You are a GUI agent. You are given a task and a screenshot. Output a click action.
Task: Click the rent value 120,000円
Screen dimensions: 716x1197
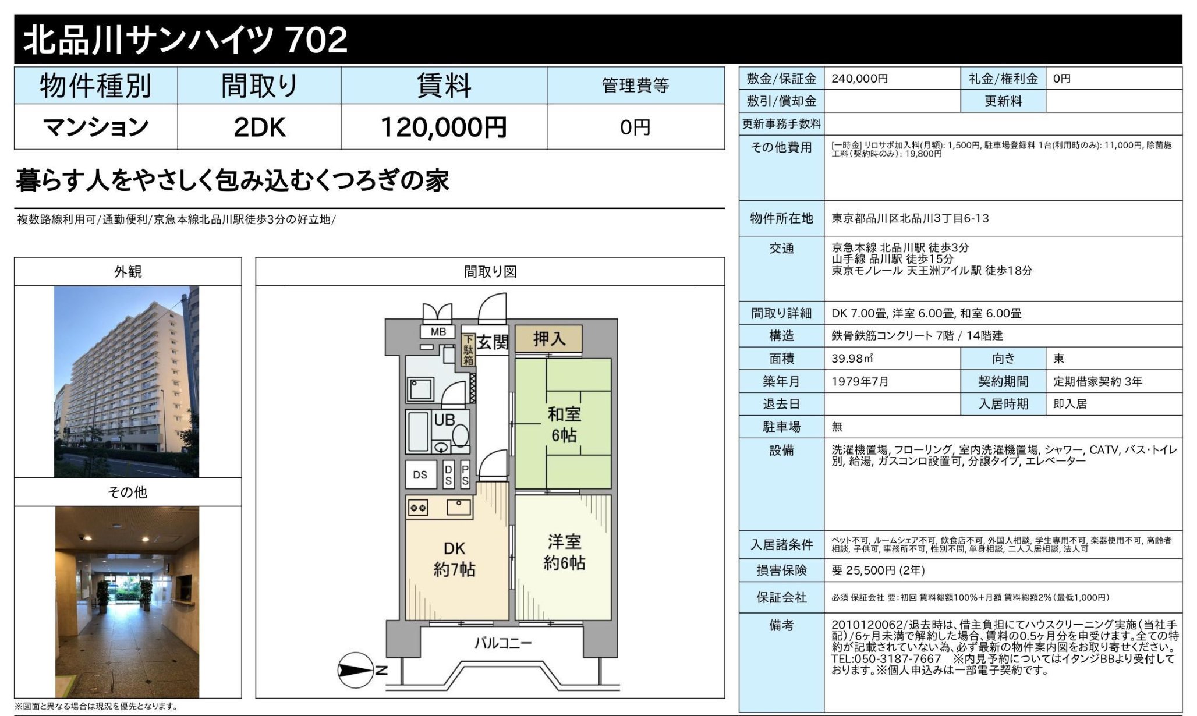pos(444,127)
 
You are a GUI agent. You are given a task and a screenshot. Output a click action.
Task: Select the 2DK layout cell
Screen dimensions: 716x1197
pos(259,127)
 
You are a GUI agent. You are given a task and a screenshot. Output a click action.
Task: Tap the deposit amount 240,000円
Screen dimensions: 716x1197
pos(859,79)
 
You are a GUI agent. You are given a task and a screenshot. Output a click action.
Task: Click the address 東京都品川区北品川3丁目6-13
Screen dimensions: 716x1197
pos(910,218)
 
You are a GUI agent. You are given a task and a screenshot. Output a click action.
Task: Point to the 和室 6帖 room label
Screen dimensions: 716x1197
pos(564,424)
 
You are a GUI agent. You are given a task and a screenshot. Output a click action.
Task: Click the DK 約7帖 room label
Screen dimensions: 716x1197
pos(454,559)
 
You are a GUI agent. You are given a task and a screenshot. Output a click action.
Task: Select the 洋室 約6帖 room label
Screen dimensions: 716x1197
pos(564,552)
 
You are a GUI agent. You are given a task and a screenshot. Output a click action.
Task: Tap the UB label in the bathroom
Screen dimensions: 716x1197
pos(444,420)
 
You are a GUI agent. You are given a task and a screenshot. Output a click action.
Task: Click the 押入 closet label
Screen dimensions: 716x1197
pos(548,338)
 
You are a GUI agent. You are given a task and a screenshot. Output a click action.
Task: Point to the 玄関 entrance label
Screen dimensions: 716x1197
pos(493,342)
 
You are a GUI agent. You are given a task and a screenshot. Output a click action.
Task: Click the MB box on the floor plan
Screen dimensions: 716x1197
pos(438,332)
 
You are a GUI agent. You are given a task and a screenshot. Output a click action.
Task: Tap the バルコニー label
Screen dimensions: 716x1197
pos(502,643)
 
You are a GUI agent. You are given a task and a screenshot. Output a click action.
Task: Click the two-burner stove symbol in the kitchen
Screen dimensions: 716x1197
pos(418,508)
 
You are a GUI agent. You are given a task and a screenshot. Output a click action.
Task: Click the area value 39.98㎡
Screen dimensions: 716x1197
pos(852,359)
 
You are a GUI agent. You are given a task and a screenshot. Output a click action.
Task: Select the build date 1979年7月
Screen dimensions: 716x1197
pos(860,381)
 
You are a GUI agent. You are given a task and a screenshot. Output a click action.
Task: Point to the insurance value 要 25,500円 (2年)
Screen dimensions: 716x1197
pos(878,570)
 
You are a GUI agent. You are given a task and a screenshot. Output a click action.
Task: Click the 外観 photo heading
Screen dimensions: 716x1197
pos(128,272)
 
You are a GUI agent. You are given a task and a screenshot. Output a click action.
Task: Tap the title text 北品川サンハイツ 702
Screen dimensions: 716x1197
pos(185,40)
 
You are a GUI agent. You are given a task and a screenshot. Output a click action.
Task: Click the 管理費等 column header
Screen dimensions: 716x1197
pos(635,86)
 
